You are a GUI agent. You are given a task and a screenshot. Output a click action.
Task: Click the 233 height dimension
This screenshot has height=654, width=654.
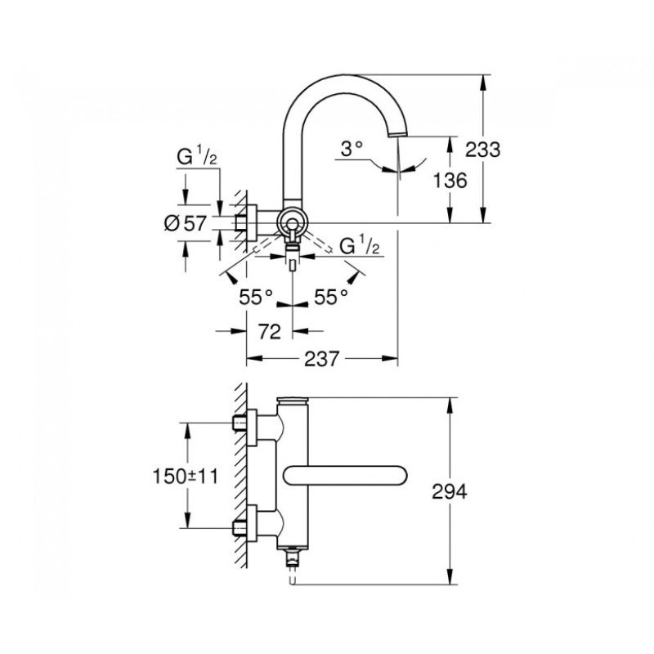coord(482,149)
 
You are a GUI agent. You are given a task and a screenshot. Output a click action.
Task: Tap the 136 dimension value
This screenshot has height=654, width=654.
coord(450,181)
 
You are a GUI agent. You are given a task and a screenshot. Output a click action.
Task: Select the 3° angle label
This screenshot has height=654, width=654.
coord(352,149)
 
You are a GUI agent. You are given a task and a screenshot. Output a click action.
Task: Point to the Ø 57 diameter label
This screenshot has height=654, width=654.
coord(186,224)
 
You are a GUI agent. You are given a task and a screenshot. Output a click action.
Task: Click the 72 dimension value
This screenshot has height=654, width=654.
coord(270,332)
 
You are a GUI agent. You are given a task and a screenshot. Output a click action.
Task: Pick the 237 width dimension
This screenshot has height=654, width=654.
coord(321,359)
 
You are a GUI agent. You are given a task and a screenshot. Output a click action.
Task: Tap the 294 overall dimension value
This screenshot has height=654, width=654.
coord(450,492)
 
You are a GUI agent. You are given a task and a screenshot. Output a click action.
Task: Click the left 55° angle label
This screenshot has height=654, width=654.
coord(256,297)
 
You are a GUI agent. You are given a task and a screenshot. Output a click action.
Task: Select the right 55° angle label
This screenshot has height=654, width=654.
coord(331,297)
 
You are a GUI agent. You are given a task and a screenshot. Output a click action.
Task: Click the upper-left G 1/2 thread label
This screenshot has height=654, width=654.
coord(197,157)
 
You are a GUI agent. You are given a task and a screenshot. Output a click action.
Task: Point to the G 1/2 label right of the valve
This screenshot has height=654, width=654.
coord(360,246)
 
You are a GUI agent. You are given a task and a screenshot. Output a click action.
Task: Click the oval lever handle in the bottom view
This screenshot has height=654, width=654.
coord(345,476)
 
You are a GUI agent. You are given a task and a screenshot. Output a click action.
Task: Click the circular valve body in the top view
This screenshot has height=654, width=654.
coord(292,223)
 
